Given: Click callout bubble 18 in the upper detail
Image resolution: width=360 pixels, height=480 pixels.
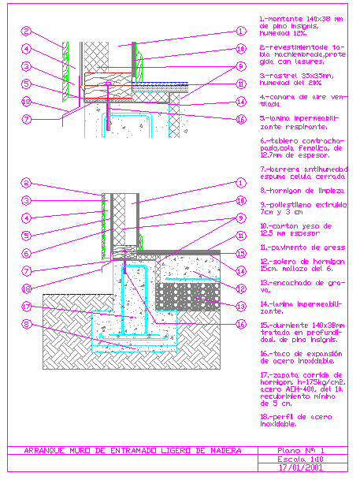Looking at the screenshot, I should coord(26,101).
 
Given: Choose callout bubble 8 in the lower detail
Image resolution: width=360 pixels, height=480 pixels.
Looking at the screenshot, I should coord(26,322).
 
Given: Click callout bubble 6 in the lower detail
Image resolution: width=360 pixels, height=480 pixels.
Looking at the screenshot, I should coord(26,253).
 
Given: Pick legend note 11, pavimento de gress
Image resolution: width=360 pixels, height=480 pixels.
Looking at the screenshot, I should coord(302,247).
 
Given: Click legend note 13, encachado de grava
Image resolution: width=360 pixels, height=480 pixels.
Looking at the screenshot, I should coord(302,281).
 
